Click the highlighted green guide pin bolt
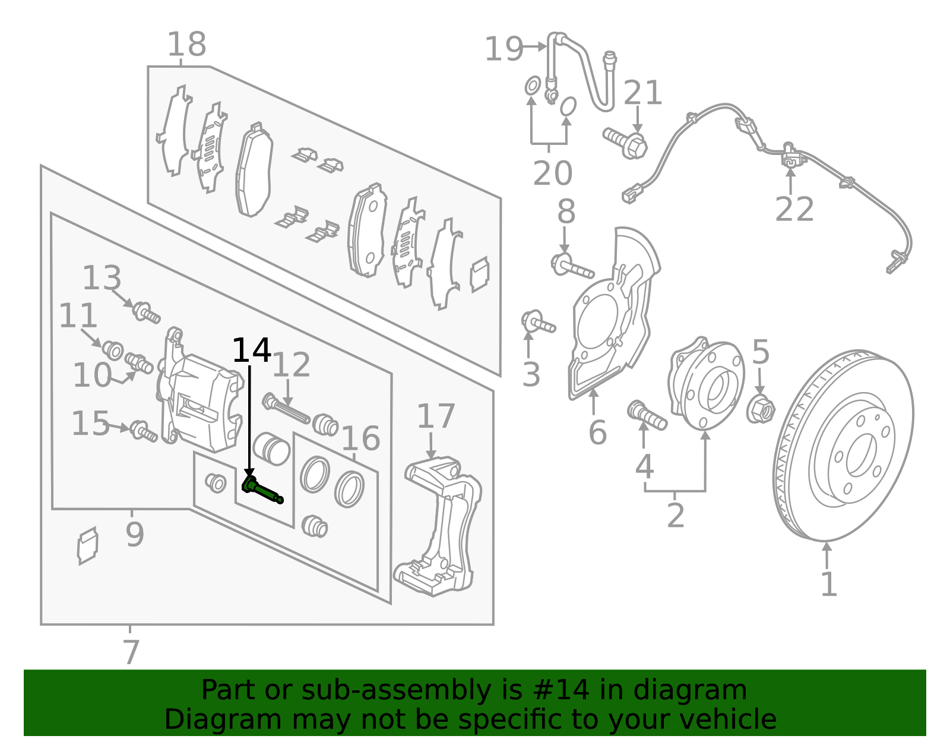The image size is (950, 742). point(262,490)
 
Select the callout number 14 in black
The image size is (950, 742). point(251,351)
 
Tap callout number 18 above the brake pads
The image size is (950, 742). point(186,45)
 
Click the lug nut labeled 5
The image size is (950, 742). point(761,409)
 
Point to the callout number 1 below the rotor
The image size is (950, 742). point(828,585)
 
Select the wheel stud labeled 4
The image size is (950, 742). point(647,415)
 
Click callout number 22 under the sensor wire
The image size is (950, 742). point(794,209)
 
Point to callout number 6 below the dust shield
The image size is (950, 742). point(597,432)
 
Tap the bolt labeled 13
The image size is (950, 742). point(145,312)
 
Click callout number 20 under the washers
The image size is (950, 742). point(552,173)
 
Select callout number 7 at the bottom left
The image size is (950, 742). point(131,652)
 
